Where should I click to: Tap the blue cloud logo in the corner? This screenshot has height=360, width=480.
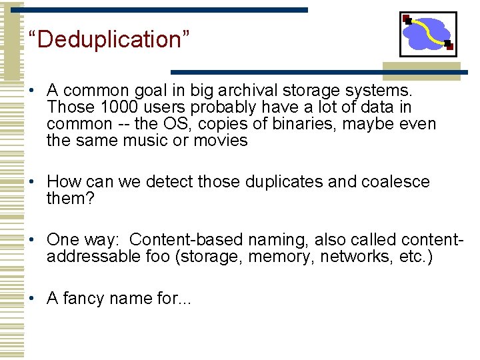point(428,34)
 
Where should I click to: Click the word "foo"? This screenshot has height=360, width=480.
point(157,257)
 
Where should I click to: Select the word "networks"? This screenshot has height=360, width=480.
point(353,257)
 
